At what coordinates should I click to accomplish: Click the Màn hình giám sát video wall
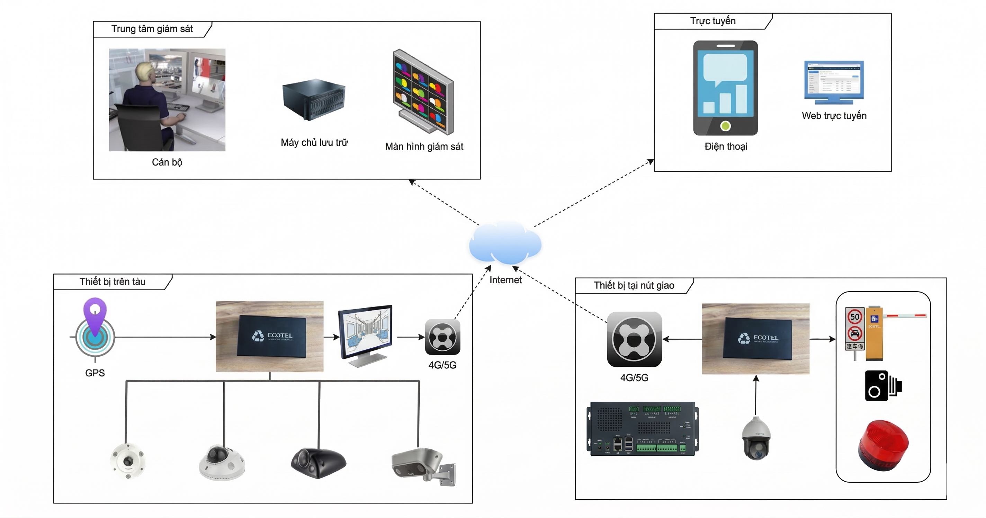tap(423, 92)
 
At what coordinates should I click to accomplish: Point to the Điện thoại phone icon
tap(725, 88)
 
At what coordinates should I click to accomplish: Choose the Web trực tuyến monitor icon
tap(834, 82)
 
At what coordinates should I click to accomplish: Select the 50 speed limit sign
tap(855, 316)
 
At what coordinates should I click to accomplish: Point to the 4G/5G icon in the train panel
tap(442, 337)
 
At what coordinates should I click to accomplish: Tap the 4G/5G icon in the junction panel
tap(634, 339)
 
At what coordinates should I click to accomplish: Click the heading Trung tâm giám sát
tap(152, 29)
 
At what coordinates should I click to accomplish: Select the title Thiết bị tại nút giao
tap(634, 286)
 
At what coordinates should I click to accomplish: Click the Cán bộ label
tap(167, 162)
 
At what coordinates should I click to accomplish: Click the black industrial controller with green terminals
tap(643, 429)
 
